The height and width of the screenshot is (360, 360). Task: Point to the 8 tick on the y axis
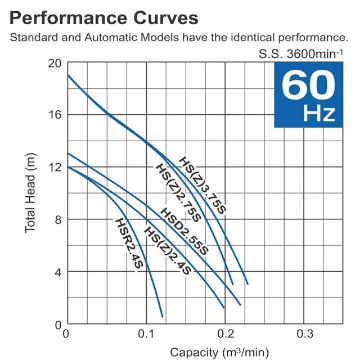(x=57, y=219)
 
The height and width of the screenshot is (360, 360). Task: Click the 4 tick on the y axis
(x=57, y=272)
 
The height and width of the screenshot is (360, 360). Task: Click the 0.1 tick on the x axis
(x=146, y=333)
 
